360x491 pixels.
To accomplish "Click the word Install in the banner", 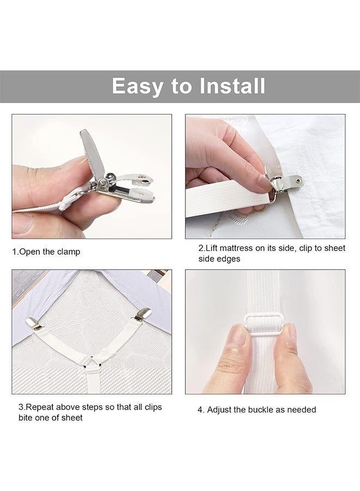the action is [x=232, y=86].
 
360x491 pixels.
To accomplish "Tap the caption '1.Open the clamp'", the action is [x=46, y=252].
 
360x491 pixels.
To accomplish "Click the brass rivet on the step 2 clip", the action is [x=299, y=179].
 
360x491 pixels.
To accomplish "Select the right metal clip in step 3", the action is [x=143, y=314].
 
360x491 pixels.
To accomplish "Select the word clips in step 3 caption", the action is [x=153, y=407].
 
